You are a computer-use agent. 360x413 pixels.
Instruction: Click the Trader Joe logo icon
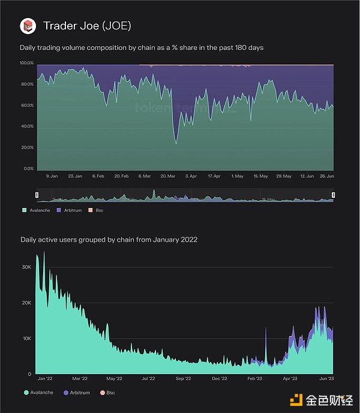click(28, 26)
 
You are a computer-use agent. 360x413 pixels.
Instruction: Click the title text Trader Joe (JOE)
click(87, 26)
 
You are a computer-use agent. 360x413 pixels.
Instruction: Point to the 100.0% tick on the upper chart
click(26, 63)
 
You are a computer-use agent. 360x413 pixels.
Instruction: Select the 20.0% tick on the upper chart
click(26, 147)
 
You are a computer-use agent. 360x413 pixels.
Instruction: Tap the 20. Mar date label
click(167, 176)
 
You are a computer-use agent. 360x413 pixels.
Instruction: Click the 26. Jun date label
click(326, 176)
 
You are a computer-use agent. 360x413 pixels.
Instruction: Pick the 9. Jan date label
click(52, 176)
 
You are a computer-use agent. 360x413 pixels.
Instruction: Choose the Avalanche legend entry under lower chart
click(38, 393)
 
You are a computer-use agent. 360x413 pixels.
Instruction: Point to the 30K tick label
click(27, 267)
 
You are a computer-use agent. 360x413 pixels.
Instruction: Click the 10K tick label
click(27, 339)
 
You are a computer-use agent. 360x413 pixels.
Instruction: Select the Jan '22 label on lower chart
click(44, 379)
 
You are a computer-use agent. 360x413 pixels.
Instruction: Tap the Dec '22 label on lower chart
click(220, 379)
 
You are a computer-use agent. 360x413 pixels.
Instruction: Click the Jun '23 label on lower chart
click(326, 379)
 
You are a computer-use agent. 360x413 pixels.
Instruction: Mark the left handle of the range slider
click(37, 195)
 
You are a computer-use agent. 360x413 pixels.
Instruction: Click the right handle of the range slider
click(333, 195)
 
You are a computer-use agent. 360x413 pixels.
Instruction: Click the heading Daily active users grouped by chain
click(109, 240)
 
